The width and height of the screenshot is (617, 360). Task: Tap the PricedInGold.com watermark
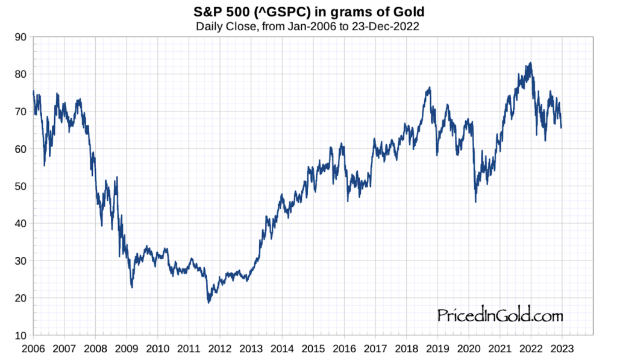point(500,315)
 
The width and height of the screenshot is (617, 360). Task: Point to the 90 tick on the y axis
point(20,37)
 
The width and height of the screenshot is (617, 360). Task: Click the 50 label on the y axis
point(20,186)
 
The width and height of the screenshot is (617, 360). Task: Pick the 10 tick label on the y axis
point(20,335)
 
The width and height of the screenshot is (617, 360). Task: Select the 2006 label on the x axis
point(34,348)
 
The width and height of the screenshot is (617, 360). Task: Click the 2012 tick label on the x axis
point(219,348)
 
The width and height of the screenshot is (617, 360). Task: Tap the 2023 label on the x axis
point(562,348)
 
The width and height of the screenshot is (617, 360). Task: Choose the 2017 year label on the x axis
point(375,348)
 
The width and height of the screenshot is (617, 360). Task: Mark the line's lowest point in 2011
point(209,302)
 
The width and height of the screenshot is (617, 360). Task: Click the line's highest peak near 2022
point(530,63)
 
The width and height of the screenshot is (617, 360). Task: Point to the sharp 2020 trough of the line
point(475,201)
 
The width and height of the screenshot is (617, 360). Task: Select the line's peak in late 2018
point(429,87)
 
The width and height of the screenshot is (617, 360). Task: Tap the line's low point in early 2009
point(132,287)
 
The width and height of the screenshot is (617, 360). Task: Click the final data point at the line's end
point(561,127)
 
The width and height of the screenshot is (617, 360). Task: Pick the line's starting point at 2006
point(34,92)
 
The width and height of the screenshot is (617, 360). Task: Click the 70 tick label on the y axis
point(20,112)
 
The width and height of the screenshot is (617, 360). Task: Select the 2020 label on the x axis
point(468,348)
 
